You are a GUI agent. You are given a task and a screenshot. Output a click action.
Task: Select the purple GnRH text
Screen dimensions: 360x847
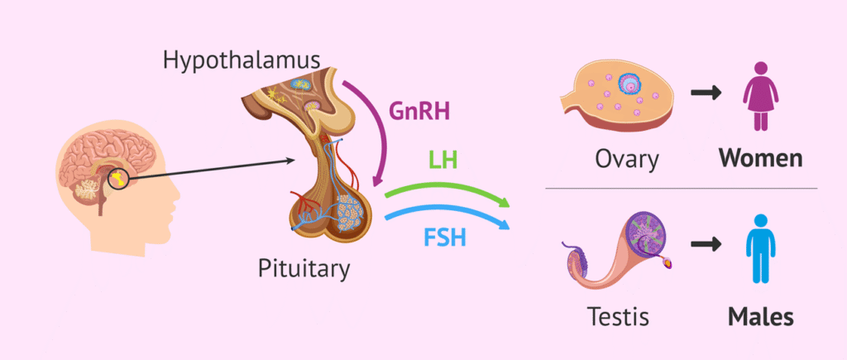[419, 112]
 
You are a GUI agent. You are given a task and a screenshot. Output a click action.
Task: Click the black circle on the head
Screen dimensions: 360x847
[118, 177]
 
